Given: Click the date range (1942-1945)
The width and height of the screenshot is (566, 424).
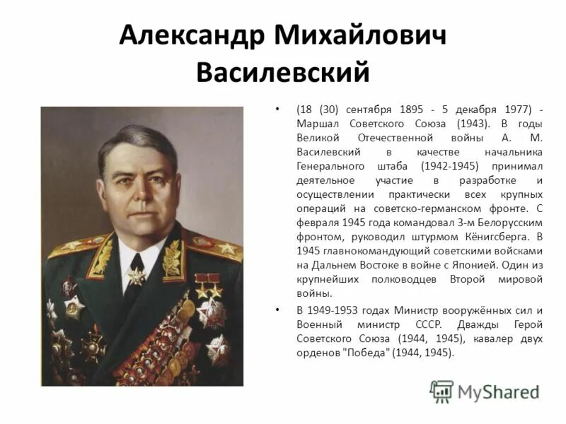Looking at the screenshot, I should pyautogui.click(x=449, y=165).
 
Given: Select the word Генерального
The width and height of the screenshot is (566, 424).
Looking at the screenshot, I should pyautogui.click(x=330, y=165).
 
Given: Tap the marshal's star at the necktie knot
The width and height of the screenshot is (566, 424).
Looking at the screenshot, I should pyautogui.click(x=136, y=275).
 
